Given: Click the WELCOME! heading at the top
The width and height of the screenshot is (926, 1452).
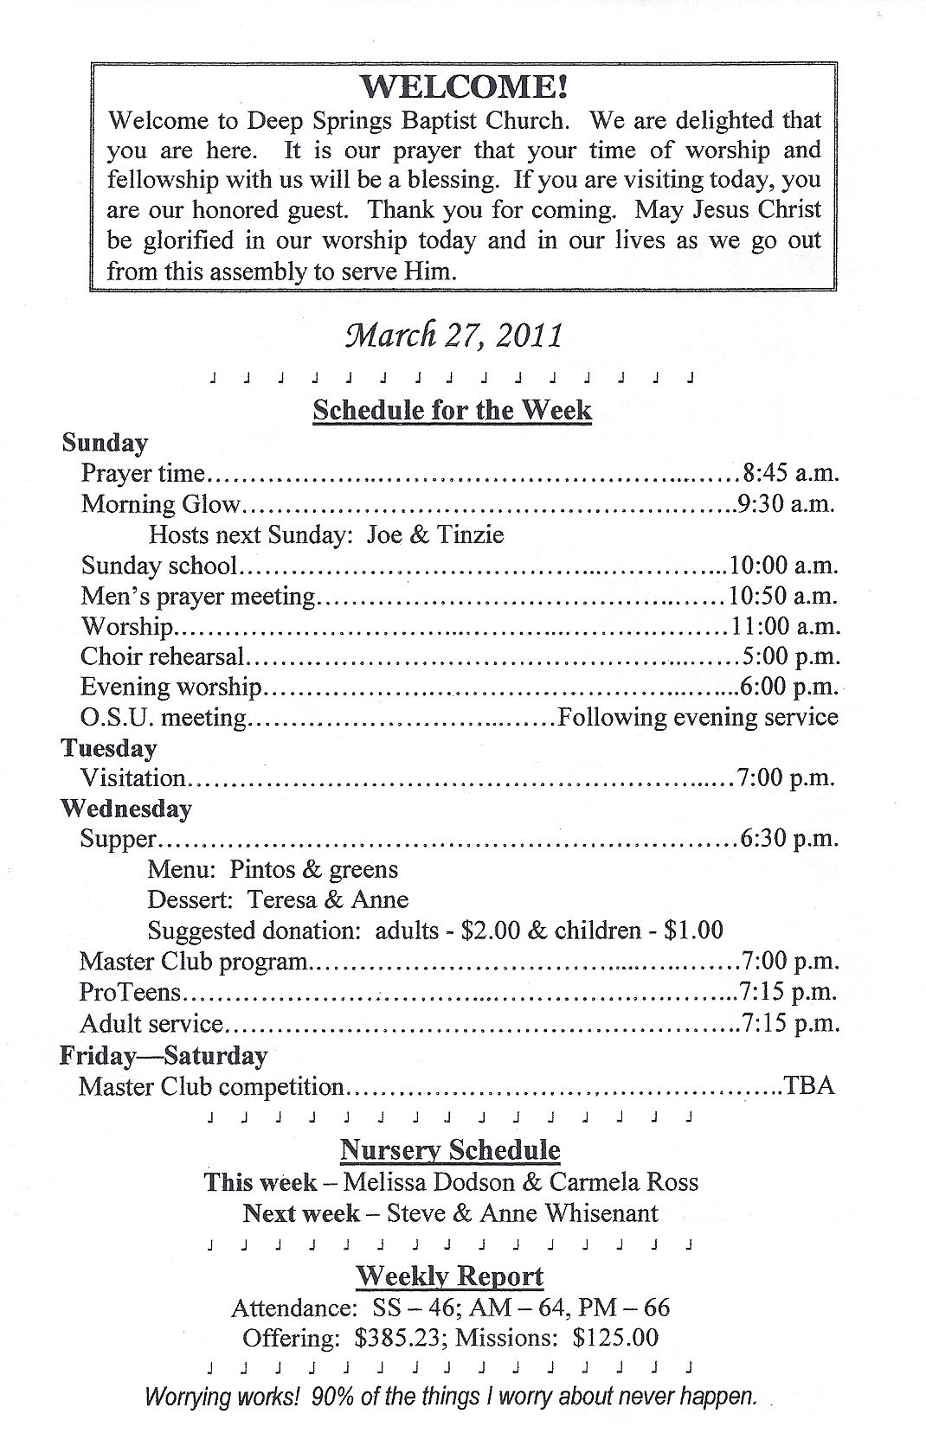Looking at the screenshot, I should tap(464, 86).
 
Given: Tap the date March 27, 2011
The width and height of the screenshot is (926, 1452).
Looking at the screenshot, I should tap(453, 335).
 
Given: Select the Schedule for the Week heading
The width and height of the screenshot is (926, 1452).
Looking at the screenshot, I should tap(452, 410).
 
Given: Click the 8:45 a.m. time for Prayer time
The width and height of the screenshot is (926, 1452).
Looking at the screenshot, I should tap(790, 473).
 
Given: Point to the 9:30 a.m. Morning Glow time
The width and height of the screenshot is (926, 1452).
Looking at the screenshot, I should tap(786, 503).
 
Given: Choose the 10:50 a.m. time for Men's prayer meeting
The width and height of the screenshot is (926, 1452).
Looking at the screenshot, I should tap(784, 596).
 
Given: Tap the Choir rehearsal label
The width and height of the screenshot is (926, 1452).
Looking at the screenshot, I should tap(163, 656).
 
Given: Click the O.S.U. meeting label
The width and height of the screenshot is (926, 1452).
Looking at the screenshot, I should tap(164, 718).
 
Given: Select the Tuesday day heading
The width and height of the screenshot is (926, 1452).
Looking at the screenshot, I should tap(108, 748).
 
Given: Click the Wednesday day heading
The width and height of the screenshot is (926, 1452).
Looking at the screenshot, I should tap(125, 809).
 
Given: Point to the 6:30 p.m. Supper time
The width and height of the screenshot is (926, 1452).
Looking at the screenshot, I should tap(789, 839).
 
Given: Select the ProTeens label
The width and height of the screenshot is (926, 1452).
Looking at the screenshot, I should tap(131, 992).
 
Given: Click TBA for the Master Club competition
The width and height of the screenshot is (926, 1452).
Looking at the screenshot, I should tap(808, 1085).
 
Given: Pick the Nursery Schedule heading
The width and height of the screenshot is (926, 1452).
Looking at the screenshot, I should tap(450, 1150).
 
